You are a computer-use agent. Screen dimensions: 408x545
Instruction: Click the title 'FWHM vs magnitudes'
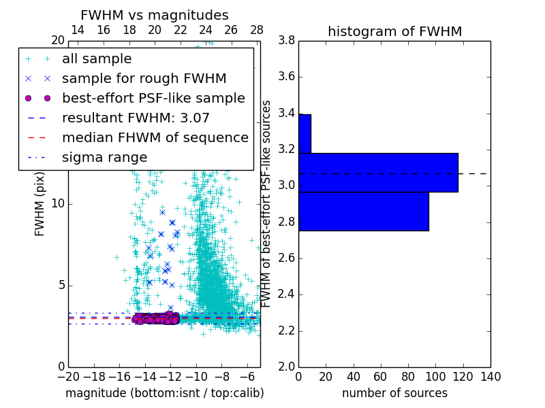tap(155, 15)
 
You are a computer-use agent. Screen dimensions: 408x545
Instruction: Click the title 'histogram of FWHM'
tap(394, 31)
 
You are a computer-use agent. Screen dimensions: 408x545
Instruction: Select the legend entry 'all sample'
tap(97, 59)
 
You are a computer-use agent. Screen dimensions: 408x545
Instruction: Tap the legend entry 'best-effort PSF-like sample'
tap(153, 99)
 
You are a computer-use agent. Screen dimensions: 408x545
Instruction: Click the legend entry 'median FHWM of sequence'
tap(155, 138)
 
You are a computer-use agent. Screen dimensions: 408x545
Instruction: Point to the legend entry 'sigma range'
tap(104, 158)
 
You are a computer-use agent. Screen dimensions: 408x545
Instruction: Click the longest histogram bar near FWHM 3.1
tap(378, 173)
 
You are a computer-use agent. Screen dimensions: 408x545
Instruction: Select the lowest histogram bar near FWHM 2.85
tap(364, 211)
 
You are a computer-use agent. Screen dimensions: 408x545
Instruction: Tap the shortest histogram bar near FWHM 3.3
tap(305, 134)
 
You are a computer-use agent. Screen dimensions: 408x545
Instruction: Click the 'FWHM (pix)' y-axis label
tap(40, 204)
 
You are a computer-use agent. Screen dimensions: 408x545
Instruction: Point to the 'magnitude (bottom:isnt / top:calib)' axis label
tap(164, 394)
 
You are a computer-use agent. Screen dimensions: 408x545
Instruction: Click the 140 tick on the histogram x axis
tap(490, 377)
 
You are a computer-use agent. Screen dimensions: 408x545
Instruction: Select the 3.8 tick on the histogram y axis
tap(286, 41)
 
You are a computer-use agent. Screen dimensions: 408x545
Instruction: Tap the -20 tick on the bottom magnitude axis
tap(68, 377)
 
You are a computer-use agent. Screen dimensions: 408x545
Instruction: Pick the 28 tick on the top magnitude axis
tap(257, 30)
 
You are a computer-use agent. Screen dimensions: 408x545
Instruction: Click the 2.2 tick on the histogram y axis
tap(286, 331)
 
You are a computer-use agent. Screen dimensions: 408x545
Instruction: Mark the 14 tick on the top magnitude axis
tap(78, 30)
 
